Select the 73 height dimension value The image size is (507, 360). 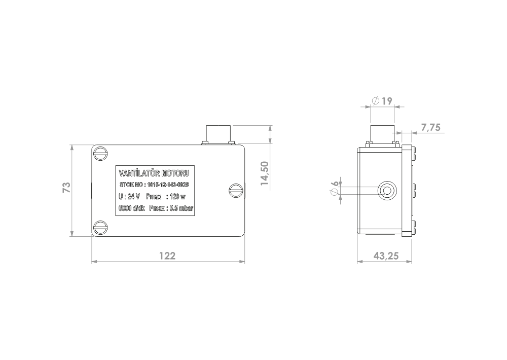click(66, 188)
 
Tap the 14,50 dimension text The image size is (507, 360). click(265, 173)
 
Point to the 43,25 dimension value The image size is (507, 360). click(386, 256)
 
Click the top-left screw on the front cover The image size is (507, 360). click(101, 153)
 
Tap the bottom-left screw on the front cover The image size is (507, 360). click(101, 227)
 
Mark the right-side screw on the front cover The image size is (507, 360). click(236, 190)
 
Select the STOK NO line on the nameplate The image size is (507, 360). click(154, 185)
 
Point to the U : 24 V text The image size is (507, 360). click(129, 197)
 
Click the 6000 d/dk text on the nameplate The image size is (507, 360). click(131, 208)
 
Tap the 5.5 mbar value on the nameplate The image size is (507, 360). click(182, 208)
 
